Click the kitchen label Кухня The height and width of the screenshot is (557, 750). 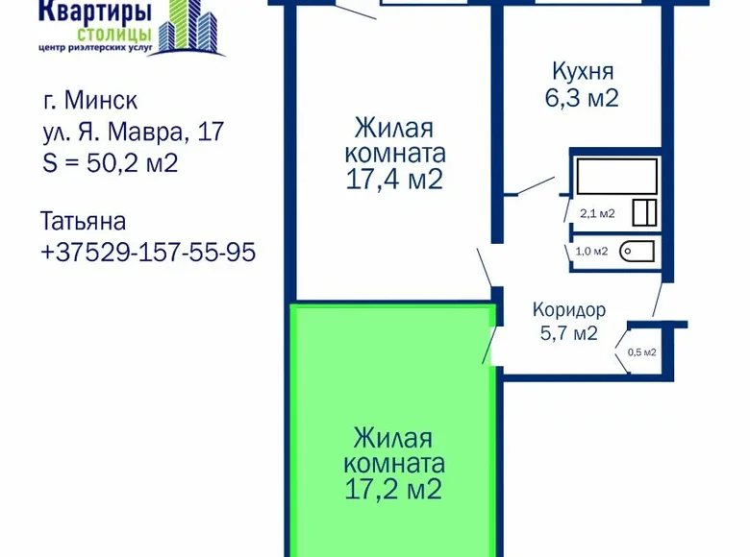[x=583, y=72]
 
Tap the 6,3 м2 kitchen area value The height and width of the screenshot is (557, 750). [x=582, y=98]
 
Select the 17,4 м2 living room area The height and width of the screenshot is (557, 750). [x=394, y=181]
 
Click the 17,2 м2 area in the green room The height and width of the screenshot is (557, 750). [x=393, y=490]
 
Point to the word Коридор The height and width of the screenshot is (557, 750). [x=569, y=310]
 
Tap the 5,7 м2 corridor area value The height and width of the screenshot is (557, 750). [x=569, y=332]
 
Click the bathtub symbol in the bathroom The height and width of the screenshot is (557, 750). [x=617, y=177]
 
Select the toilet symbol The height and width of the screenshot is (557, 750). [x=637, y=252]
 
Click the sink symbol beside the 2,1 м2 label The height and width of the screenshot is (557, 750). [x=644, y=212]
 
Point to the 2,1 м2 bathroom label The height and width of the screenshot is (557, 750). [x=597, y=213]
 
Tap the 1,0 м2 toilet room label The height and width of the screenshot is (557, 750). [x=591, y=252]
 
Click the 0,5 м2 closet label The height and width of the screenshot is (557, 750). [x=642, y=352]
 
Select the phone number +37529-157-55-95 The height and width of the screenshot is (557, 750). [x=148, y=253]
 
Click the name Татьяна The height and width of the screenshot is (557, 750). [x=84, y=221]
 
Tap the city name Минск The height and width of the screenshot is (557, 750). [x=101, y=100]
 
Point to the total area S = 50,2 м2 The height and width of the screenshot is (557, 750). [x=111, y=163]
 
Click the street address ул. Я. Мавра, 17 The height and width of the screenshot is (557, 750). [x=134, y=133]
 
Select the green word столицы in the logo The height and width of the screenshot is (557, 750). [x=114, y=34]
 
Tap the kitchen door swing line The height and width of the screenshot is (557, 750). [x=537, y=185]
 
